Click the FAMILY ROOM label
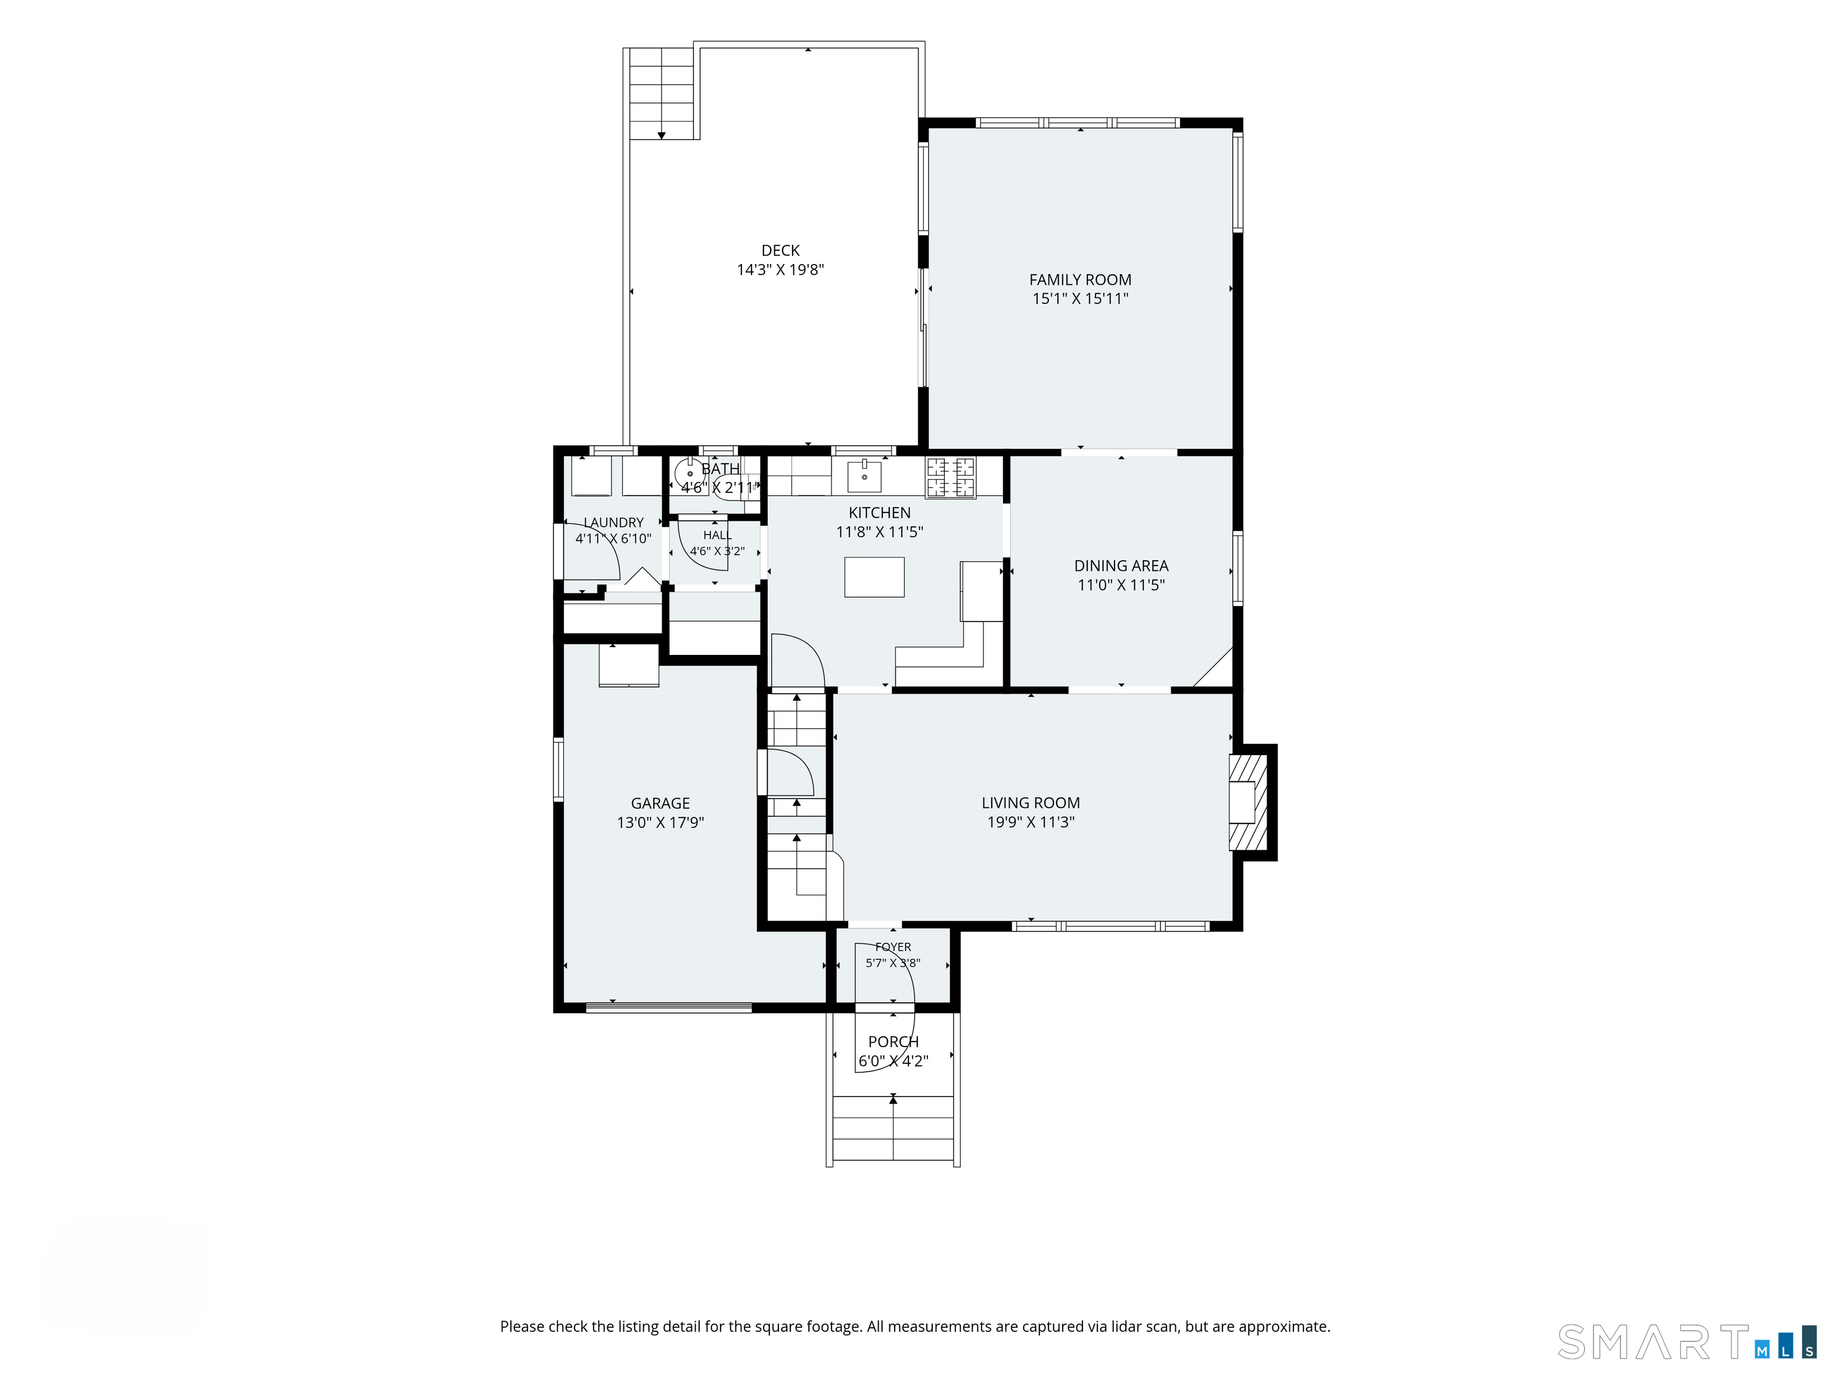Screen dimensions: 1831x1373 point(1080,279)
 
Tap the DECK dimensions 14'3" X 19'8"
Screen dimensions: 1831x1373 point(781,270)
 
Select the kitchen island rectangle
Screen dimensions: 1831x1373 point(874,577)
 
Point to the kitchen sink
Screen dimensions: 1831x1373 point(864,477)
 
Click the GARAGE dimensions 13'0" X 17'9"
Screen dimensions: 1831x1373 point(660,822)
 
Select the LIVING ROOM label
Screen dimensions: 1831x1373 point(1031,803)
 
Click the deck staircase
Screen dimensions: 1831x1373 point(662,94)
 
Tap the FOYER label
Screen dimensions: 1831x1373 point(893,947)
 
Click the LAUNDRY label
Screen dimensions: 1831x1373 point(613,522)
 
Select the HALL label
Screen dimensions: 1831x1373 point(718,536)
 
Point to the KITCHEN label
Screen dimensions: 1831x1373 point(879,513)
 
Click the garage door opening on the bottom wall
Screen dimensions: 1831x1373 point(669,1007)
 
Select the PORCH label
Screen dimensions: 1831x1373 point(893,1042)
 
